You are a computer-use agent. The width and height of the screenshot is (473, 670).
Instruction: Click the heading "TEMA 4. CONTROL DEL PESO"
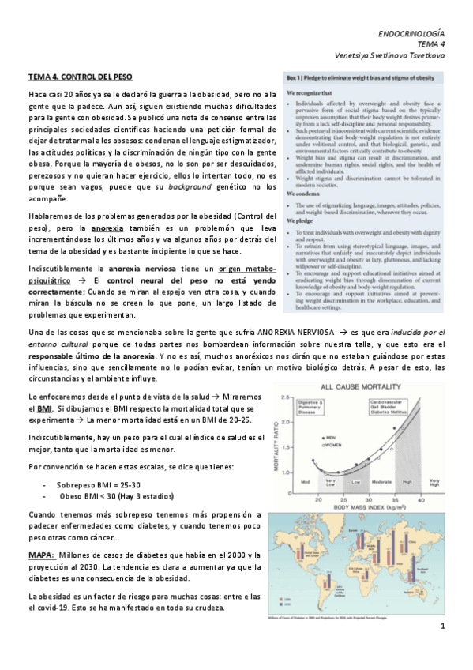tap(80, 78)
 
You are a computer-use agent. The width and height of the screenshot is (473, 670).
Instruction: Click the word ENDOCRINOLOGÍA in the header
tap(411, 36)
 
